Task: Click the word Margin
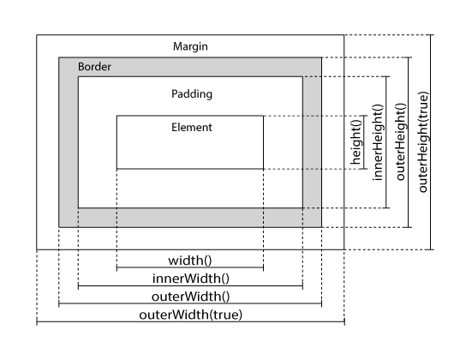[x=190, y=46]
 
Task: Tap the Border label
[x=94, y=67]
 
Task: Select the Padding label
[x=192, y=94]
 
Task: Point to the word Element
[x=192, y=128]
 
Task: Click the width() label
[x=190, y=261]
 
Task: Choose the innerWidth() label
[x=191, y=279]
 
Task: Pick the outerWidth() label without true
[x=190, y=297]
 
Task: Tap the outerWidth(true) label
[x=190, y=315]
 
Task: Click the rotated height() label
[x=356, y=142]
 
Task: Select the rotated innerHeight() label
[x=378, y=142]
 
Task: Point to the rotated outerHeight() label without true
[x=400, y=141]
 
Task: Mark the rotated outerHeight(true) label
[x=423, y=142]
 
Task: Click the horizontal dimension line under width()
[x=190, y=267]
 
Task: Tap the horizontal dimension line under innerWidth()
[x=190, y=285]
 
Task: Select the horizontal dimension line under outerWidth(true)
[x=190, y=321]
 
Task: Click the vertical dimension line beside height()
[x=364, y=142]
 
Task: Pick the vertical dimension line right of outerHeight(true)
[x=431, y=142]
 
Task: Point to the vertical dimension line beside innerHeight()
[x=386, y=142]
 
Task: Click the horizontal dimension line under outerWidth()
[x=190, y=303]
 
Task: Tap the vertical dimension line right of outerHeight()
[x=409, y=142]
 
